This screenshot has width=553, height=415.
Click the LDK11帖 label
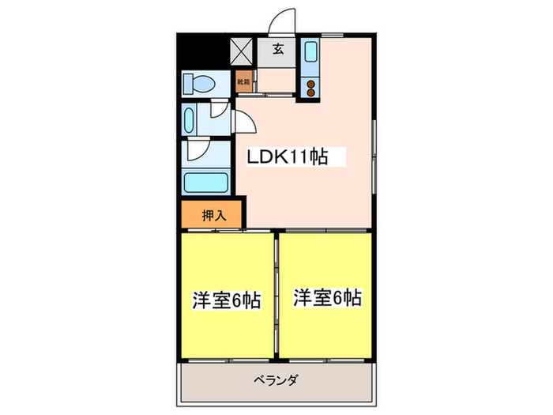coord(288,157)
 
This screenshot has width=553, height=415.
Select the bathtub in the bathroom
coord(205,183)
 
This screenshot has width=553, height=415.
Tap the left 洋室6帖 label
coord(227,300)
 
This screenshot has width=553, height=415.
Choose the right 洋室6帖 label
coord(328,298)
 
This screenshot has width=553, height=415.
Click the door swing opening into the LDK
coord(244,123)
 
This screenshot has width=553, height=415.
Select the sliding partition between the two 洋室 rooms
coord(277,292)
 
